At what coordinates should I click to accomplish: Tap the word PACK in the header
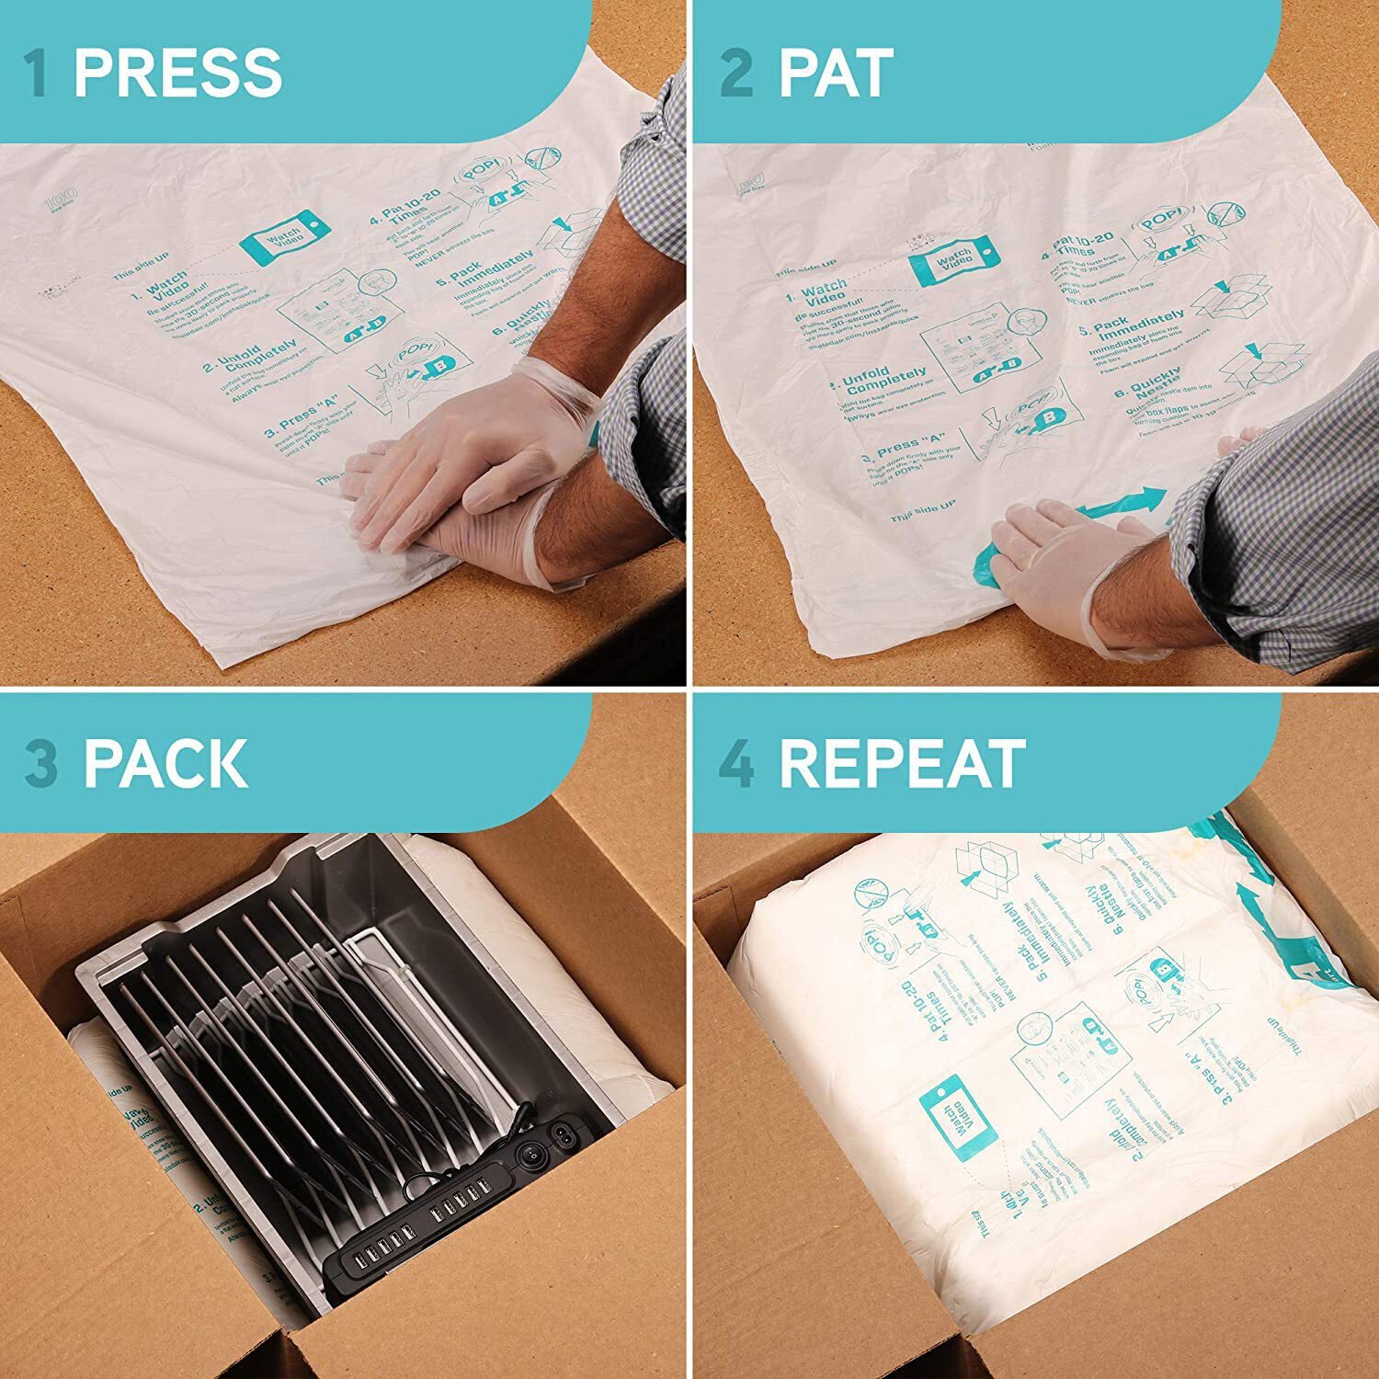165,762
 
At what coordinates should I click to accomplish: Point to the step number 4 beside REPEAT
735,762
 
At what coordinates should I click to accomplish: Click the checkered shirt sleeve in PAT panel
1278,542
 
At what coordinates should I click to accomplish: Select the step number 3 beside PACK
41,762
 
